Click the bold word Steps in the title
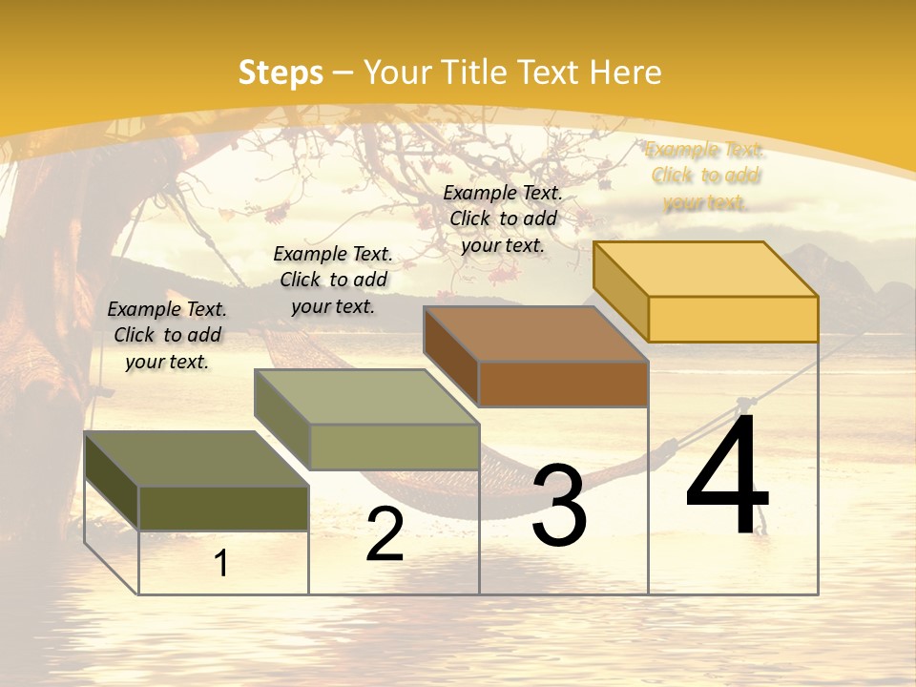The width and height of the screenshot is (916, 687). (281, 73)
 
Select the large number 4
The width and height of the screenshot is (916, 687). (727, 475)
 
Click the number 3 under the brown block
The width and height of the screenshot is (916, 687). (559, 506)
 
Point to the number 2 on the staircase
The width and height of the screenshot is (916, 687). (385, 535)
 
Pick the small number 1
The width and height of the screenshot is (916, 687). (221, 564)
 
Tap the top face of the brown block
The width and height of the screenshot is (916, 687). (535, 333)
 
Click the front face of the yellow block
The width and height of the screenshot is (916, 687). (733, 319)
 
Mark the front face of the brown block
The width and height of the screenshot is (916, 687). (563, 384)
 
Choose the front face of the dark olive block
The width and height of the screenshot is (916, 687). (223, 509)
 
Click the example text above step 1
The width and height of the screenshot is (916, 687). (167, 335)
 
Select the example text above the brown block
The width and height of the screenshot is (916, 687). (503, 219)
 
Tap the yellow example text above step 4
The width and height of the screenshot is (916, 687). (705, 176)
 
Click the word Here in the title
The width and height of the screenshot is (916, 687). (626, 73)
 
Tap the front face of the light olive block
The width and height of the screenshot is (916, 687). (393, 447)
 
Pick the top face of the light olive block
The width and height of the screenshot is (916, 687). (366, 396)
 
